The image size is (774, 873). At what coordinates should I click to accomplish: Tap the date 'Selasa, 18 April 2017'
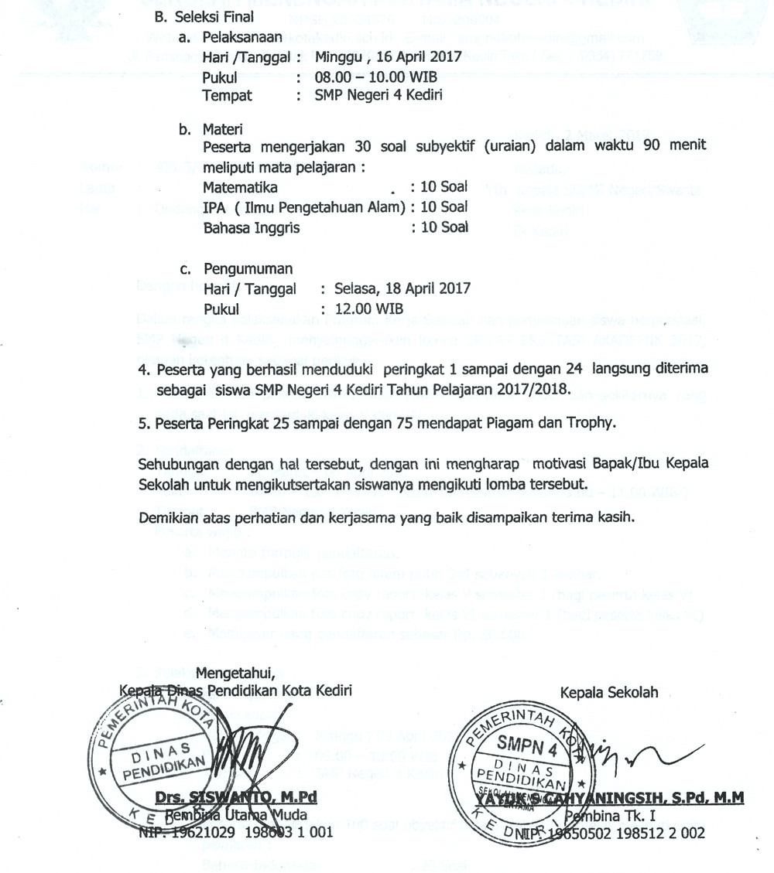(x=396, y=289)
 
